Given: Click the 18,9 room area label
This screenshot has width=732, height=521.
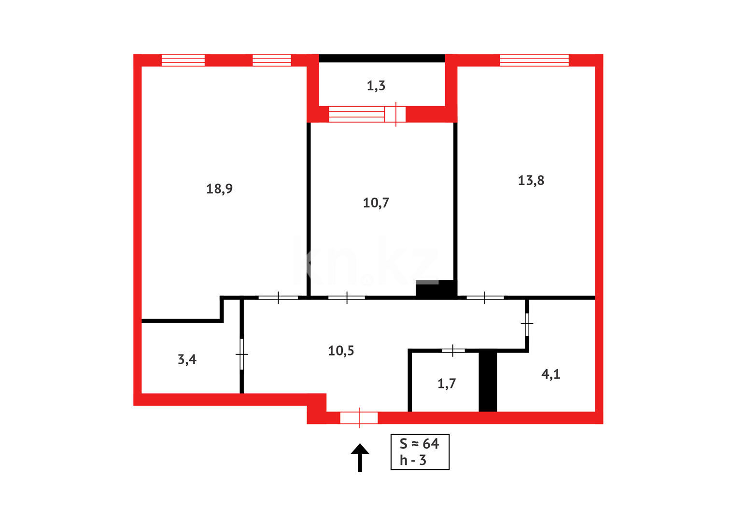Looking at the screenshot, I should click(x=219, y=189).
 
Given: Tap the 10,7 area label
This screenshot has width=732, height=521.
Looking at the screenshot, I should click(x=376, y=203).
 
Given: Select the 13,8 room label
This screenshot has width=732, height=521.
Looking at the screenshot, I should click(x=531, y=180).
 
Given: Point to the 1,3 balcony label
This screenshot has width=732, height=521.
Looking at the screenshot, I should click(x=376, y=86).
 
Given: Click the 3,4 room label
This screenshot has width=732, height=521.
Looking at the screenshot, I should click(x=187, y=359).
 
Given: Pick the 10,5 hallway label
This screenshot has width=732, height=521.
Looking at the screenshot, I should click(x=341, y=351).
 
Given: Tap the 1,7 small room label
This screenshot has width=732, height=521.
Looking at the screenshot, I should click(x=446, y=384).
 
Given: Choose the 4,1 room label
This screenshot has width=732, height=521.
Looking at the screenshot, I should click(x=550, y=374).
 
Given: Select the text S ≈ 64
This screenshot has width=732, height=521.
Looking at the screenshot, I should click(x=419, y=443).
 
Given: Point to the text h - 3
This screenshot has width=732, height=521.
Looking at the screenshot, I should click(x=413, y=460).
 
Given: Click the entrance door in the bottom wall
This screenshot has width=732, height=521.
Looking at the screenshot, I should click(x=359, y=418).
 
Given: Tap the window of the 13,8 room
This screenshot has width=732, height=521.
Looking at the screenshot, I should click(x=534, y=60).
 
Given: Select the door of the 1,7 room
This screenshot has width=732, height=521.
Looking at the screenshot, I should click(x=453, y=351).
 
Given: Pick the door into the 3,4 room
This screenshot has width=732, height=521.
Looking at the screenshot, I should click(x=242, y=355).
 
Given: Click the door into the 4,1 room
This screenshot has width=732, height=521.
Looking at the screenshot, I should click(x=527, y=324).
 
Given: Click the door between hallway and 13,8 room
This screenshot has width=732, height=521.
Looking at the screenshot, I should click(x=485, y=298).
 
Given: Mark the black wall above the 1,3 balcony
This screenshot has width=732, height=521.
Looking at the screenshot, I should click(x=381, y=58).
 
